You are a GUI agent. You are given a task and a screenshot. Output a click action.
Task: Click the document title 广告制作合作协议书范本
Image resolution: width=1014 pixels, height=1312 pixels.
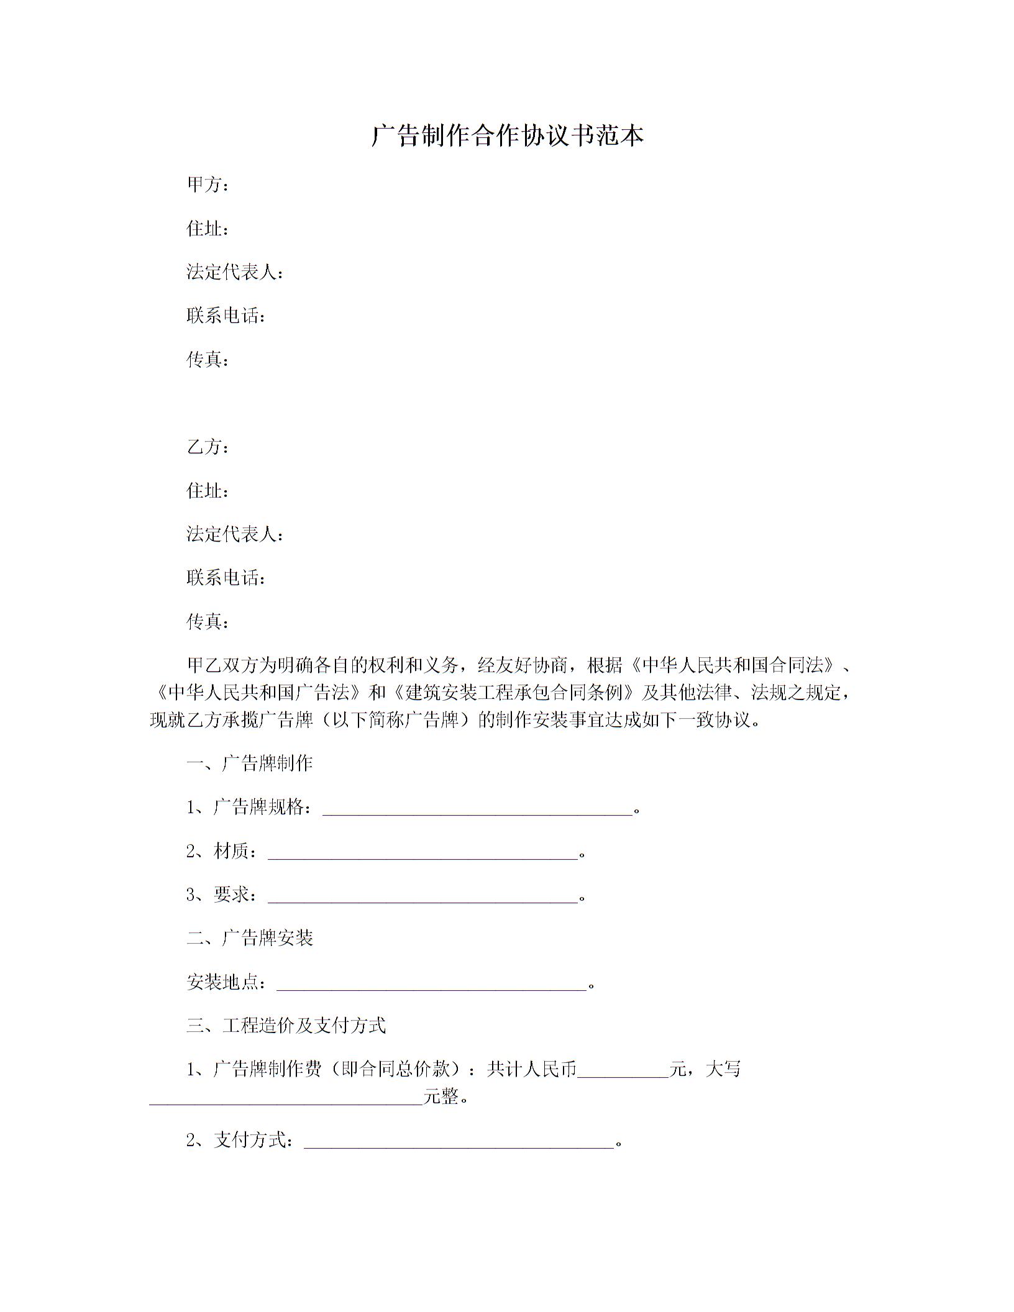[x=507, y=135]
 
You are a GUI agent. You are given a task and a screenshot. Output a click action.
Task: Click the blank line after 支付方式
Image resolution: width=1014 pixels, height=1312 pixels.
[x=459, y=1141]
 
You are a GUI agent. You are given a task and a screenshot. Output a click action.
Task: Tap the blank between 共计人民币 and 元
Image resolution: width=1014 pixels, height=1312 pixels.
[x=623, y=1070]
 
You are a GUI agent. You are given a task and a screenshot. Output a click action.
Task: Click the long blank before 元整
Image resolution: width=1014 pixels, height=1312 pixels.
[x=286, y=1098]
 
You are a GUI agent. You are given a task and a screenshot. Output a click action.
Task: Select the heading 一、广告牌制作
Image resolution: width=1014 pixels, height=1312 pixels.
[x=250, y=763]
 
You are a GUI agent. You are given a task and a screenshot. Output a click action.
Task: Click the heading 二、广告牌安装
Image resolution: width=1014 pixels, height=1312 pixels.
[x=250, y=938]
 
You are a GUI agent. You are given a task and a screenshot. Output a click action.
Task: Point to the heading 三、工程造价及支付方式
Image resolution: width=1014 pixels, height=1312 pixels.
[x=286, y=1026]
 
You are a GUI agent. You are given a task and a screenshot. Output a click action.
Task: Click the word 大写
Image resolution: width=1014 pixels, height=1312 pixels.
[x=724, y=1070]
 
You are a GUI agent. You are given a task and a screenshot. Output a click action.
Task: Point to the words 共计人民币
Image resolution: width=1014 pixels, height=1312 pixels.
[x=532, y=1070]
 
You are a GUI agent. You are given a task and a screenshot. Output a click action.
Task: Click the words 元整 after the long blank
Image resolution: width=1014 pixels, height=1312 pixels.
[x=441, y=1098]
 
